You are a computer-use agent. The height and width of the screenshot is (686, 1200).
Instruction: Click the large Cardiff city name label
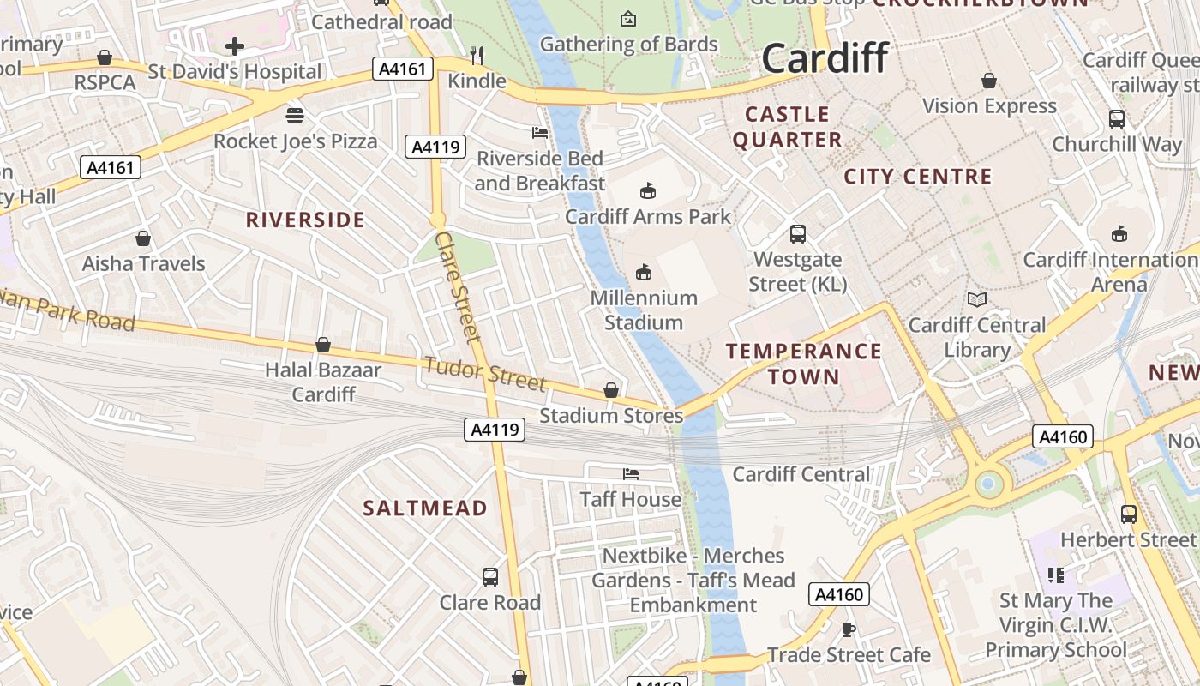(825, 58)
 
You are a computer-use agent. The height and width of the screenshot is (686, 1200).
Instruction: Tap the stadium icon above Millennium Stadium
(644, 273)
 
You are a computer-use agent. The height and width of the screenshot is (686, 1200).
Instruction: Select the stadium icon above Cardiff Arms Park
(648, 190)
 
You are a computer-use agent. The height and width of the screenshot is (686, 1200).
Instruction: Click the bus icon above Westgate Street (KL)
(797, 233)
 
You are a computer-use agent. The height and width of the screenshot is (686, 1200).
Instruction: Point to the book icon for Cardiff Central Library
(976, 299)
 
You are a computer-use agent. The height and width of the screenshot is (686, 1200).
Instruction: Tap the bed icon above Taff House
(631, 473)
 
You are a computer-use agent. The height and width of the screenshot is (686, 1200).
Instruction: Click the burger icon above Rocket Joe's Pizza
(295, 115)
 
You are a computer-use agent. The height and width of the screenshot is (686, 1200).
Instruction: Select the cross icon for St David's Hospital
(235, 46)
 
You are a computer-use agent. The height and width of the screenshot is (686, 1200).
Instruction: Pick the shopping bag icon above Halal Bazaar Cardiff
(323, 345)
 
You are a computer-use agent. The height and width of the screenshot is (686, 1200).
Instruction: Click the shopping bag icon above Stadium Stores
(611, 390)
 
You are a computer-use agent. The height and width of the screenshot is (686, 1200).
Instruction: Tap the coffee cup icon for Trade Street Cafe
(849, 629)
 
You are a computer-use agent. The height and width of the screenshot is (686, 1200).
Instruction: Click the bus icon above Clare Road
(490, 576)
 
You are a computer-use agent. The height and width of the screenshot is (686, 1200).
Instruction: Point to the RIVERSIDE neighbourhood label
(305, 220)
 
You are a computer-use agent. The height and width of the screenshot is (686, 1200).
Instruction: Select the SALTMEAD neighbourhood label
(425, 508)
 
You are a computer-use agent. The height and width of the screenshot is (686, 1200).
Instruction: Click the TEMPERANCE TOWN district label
(803, 364)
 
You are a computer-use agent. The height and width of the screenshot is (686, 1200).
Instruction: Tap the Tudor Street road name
(485, 374)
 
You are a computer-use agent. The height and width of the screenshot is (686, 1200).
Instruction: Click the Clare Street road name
(458, 286)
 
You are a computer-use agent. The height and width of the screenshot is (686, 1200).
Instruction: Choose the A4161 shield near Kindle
(402, 69)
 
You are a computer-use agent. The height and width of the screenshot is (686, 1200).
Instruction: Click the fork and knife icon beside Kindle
(477, 56)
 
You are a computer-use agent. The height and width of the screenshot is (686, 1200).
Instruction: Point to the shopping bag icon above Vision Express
(989, 81)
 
